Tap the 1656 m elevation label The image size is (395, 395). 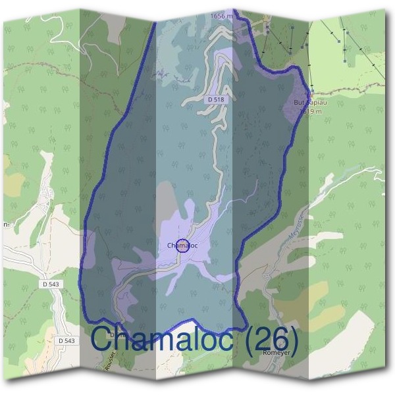(x=222, y=14)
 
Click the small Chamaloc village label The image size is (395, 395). (x=183, y=246)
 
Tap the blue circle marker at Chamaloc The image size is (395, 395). (x=184, y=246)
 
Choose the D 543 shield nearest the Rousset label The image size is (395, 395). (x=66, y=340)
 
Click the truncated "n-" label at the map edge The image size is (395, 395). (x=5, y=224)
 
